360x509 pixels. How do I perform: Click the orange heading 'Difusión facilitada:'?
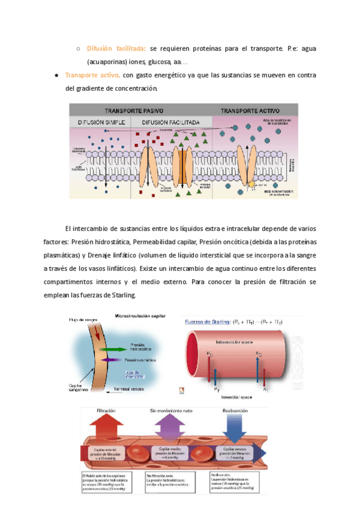coord(112,49)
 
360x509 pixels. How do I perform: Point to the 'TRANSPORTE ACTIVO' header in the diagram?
coord(250,111)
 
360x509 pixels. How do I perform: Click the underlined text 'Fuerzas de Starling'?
coord(210,322)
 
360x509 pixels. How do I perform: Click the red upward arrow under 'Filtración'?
coord(106,429)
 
